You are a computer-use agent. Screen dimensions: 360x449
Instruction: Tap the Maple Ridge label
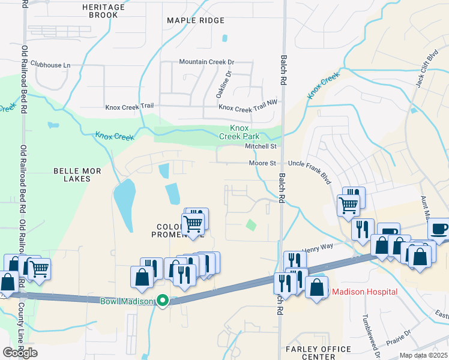pyautogui.click(x=196, y=20)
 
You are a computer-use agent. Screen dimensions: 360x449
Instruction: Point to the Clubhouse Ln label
pyautogui.click(x=50, y=65)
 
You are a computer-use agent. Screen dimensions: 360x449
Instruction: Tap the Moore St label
pyautogui.click(x=263, y=163)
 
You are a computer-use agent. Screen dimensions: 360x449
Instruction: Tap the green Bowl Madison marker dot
pyautogui.click(x=163, y=301)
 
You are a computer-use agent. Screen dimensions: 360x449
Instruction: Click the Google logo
pyautogui.click(x=20, y=352)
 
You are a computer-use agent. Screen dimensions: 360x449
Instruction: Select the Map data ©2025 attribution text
pyautogui.click(x=424, y=355)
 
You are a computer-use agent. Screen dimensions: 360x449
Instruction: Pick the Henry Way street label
pyautogui.click(x=317, y=247)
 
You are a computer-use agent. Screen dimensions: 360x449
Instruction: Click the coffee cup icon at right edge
pyautogui.click(x=439, y=229)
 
